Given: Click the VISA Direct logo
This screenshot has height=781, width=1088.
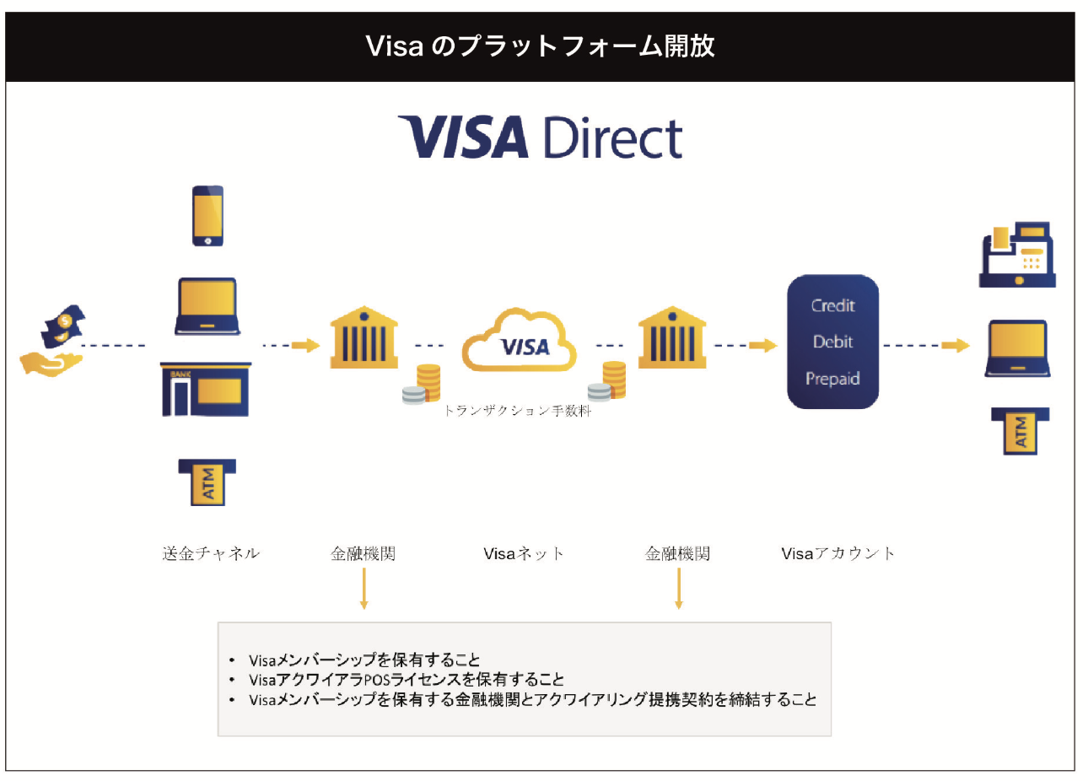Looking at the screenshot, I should point(540,137).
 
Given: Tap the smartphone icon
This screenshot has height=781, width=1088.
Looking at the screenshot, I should point(207,216).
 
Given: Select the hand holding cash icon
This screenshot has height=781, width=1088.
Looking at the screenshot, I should point(53,342).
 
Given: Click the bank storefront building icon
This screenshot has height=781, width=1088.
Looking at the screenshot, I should point(206,389).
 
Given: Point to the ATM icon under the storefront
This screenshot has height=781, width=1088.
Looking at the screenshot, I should point(207,482).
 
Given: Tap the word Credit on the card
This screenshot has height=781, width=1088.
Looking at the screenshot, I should point(832,305).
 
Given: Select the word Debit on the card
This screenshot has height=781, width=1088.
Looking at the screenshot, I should point(832,342).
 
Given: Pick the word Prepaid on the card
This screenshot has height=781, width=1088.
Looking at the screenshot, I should point(832,379).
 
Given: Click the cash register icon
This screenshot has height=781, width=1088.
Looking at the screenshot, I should point(1017,255).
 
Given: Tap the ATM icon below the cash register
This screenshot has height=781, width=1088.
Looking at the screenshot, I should point(1021,431).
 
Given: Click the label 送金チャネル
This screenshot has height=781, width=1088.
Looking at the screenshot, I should point(211,553).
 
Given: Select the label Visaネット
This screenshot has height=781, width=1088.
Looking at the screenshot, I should point(523,553).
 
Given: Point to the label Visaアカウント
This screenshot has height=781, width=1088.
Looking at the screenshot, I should point(838,553).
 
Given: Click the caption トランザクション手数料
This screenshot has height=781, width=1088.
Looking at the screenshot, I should point(517,411).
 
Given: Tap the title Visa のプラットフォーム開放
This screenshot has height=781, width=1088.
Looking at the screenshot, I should point(540,46).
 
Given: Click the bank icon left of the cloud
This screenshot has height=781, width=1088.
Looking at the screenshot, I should point(364,337).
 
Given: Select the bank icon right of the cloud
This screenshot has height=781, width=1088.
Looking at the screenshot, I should point(672,337).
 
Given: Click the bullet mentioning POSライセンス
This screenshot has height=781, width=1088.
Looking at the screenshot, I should point(407,680).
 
